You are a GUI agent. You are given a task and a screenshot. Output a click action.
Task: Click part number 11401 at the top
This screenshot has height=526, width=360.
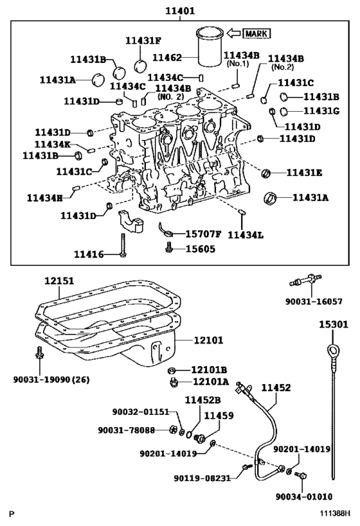179,11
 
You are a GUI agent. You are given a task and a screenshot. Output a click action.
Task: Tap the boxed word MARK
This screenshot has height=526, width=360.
256,33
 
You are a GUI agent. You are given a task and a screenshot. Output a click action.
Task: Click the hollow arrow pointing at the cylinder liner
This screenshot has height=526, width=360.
234,33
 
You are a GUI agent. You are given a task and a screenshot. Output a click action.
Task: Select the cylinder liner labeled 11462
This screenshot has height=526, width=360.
210,47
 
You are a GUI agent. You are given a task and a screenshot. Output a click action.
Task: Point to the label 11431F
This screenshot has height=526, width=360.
143,40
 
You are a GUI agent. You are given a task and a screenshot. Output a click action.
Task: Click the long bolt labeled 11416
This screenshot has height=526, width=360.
123,245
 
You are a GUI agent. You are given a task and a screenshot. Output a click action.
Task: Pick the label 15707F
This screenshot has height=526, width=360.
204,234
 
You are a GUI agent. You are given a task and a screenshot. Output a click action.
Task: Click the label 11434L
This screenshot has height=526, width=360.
246,235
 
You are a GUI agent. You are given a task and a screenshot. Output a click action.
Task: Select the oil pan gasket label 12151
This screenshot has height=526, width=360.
59,281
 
